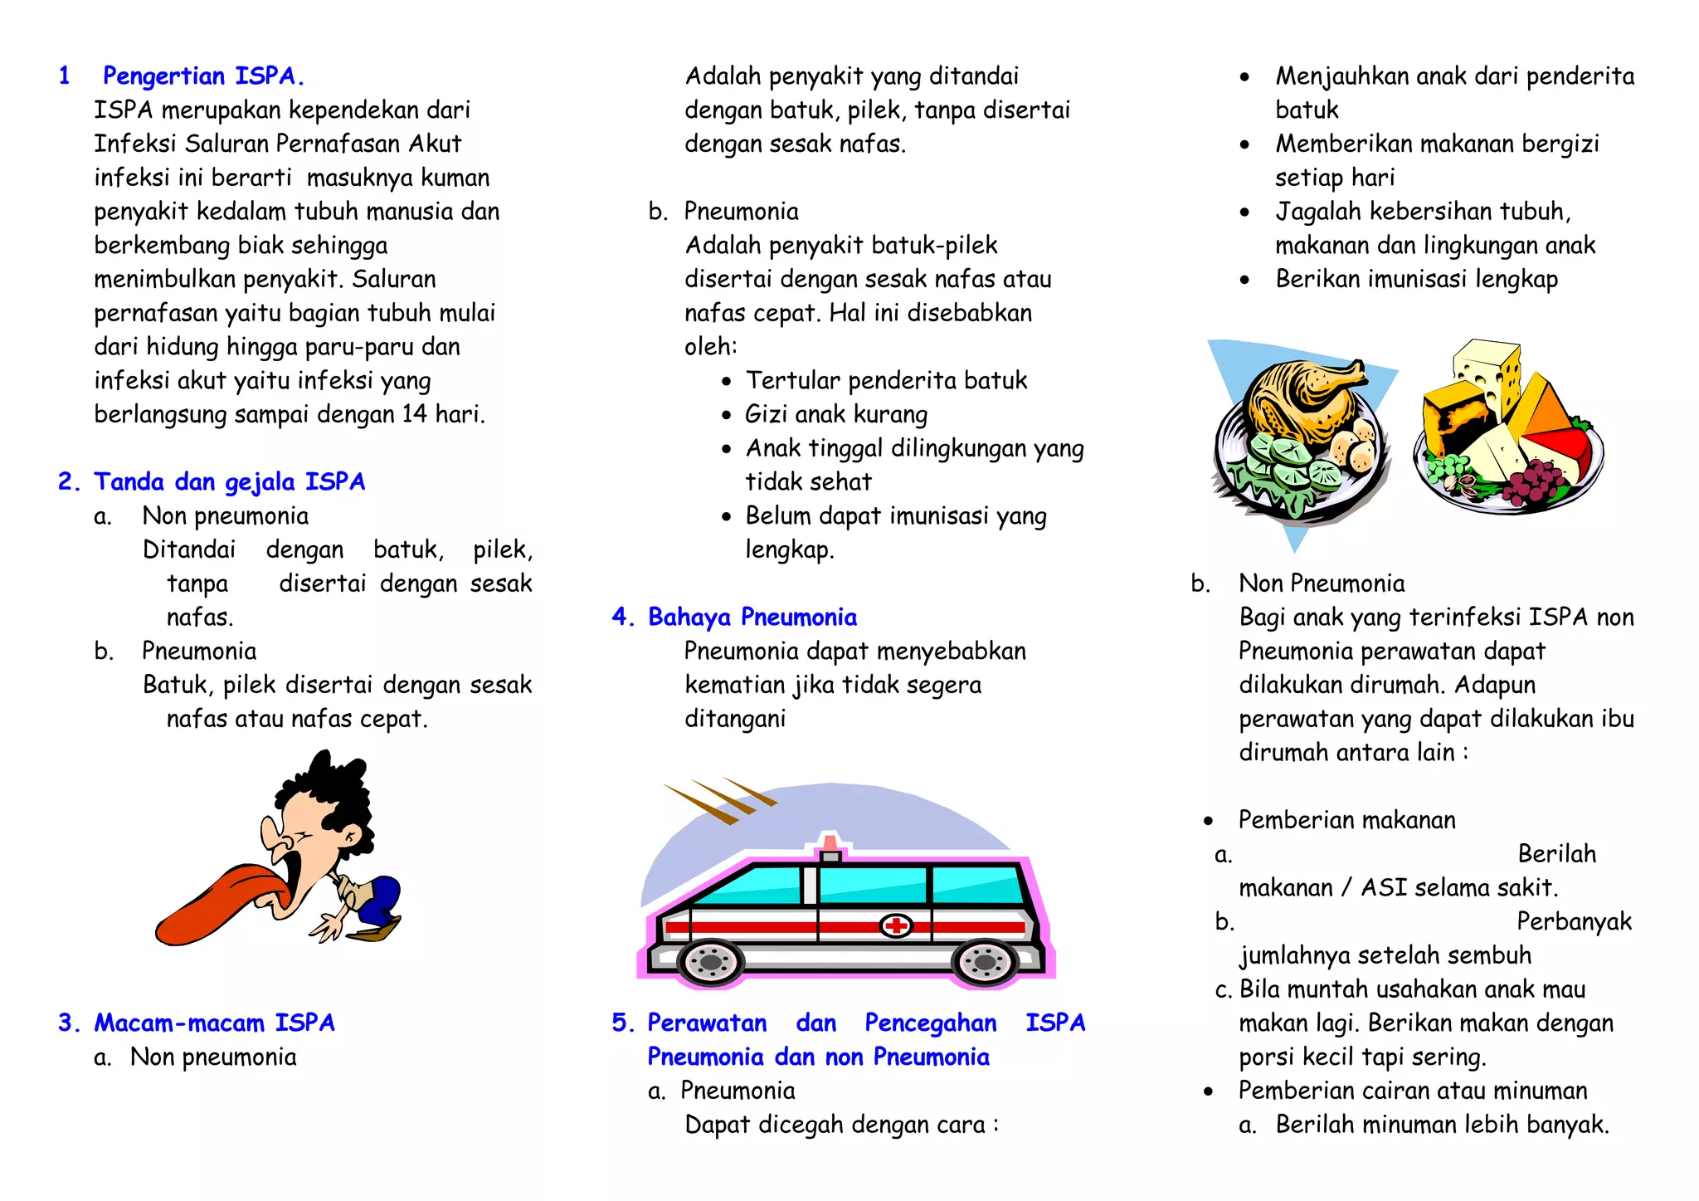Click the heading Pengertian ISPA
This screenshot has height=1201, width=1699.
point(203,76)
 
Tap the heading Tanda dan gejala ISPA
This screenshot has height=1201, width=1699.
point(229,482)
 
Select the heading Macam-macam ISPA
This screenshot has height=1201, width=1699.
point(214,1023)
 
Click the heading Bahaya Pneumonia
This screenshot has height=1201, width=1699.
point(752,618)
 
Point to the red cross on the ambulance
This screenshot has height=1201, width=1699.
point(896,925)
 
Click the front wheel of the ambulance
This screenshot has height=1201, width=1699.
point(985,962)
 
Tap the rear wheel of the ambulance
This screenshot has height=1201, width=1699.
point(710,962)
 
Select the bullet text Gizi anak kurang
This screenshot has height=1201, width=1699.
point(836,414)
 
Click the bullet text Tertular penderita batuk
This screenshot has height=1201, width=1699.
point(886,380)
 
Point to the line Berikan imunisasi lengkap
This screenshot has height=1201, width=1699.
point(1416,279)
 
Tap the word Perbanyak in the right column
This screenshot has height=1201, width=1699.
point(1574,921)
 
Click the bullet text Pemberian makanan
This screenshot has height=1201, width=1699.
point(1346,820)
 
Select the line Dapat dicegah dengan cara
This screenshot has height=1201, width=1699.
point(841,1125)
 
